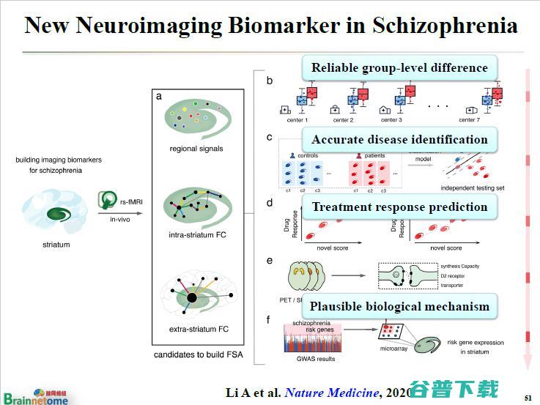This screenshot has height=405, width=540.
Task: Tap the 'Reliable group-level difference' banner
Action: (399, 68)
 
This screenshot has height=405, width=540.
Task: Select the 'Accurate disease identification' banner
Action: (399, 140)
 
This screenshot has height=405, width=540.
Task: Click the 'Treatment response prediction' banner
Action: (399, 207)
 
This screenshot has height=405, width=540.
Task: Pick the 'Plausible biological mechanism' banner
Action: (399, 306)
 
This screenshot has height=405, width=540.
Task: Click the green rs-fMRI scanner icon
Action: (109, 200)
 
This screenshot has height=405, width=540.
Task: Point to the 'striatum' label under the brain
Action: (56, 244)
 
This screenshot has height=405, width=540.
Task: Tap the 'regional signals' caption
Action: (196, 149)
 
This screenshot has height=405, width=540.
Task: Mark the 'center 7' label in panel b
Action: (469, 119)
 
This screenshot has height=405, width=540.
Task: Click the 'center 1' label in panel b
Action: (297, 119)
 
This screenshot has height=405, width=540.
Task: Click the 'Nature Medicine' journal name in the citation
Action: (331, 392)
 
